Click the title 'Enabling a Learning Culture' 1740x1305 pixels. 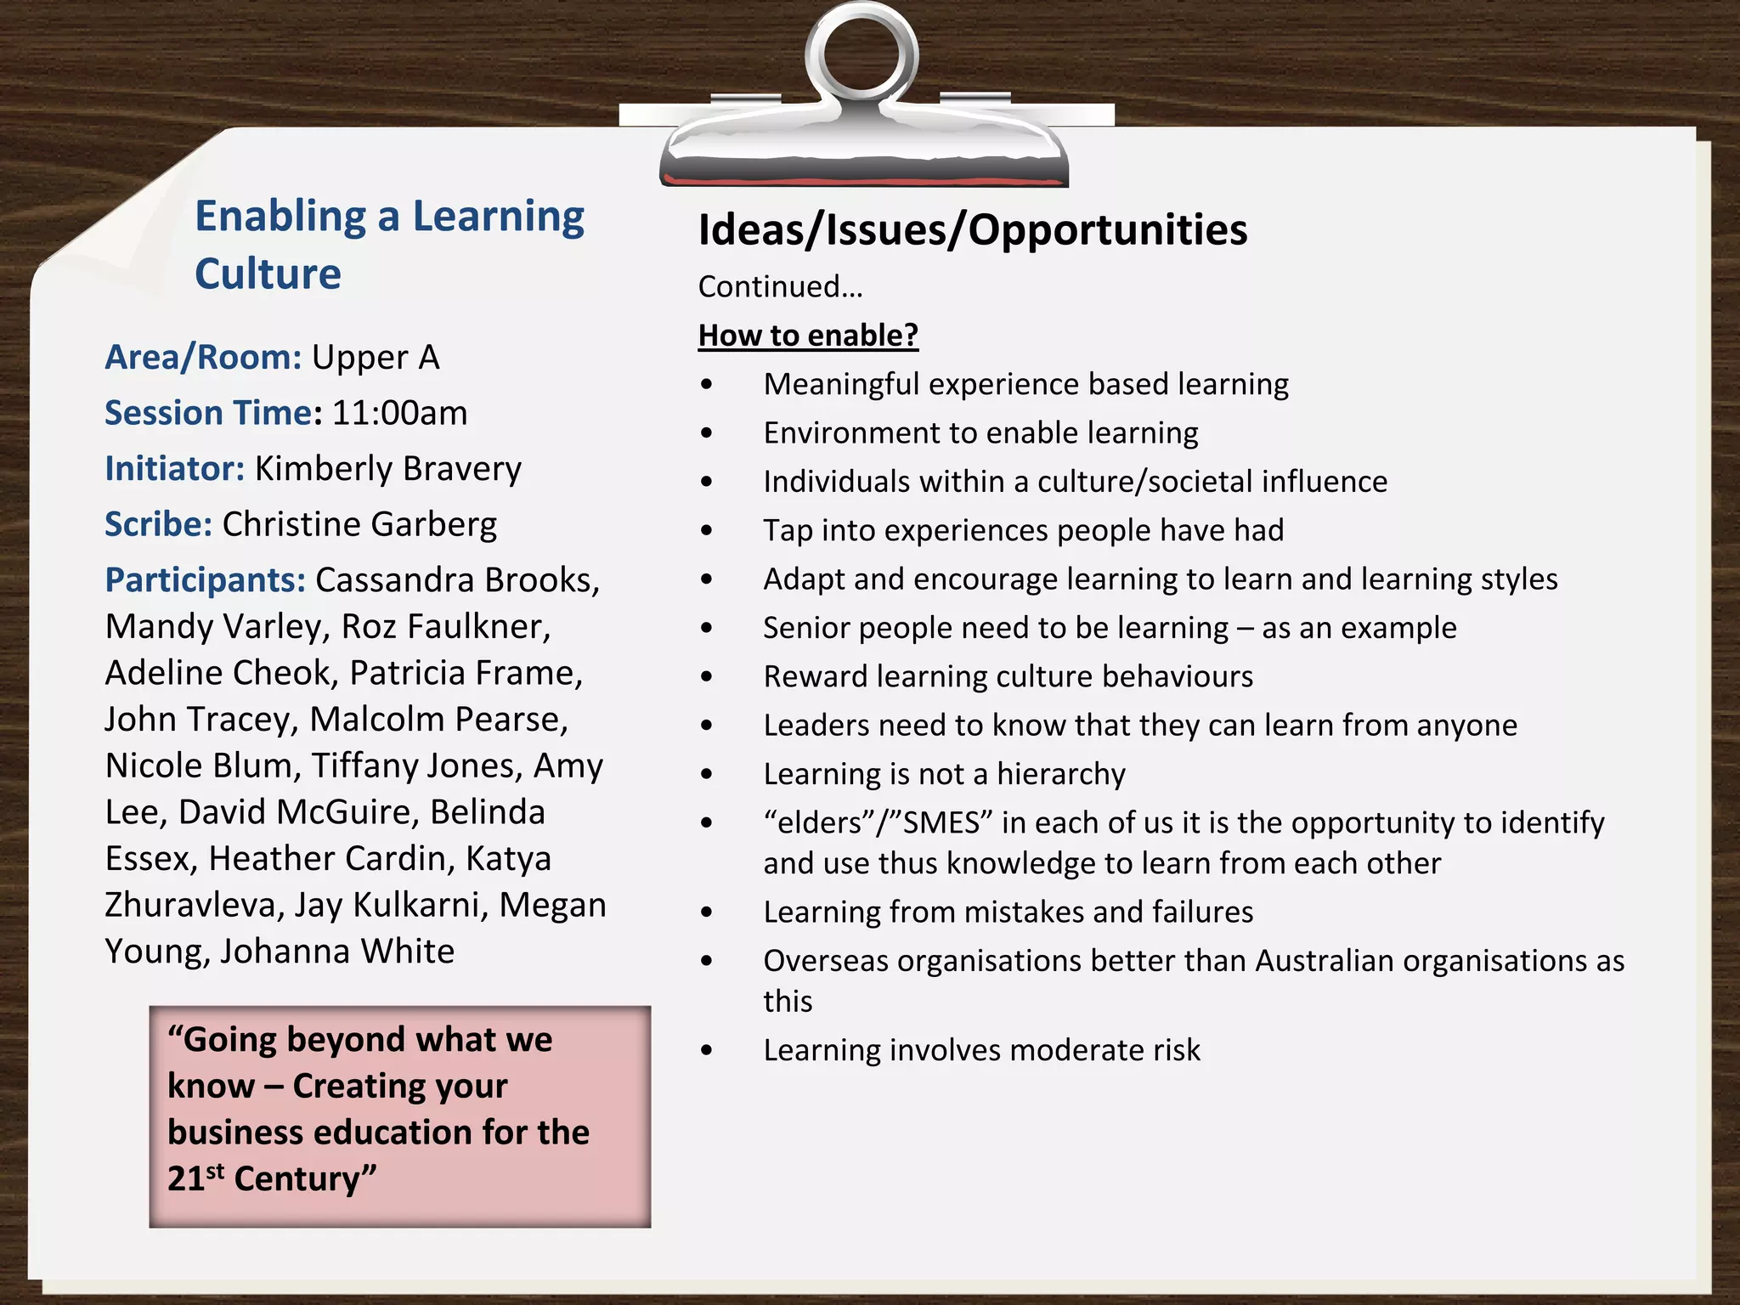point(389,244)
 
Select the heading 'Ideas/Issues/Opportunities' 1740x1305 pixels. point(972,229)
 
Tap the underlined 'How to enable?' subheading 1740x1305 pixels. point(808,335)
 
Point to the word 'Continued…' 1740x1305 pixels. point(780,286)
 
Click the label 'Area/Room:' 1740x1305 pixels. point(203,357)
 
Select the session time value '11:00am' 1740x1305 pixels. point(399,413)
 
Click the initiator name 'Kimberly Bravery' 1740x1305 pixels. point(388,468)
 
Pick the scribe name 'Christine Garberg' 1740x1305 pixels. point(359,524)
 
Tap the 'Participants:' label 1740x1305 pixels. point(205,579)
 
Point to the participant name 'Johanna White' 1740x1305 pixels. point(337,951)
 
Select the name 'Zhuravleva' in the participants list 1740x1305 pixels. point(194,905)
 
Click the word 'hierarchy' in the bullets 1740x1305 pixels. point(1060,774)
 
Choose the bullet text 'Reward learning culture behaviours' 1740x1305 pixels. point(1008,676)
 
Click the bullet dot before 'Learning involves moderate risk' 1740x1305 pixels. point(707,1051)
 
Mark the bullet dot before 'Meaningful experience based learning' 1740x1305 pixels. point(707,385)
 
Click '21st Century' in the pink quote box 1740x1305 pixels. point(272,1178)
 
